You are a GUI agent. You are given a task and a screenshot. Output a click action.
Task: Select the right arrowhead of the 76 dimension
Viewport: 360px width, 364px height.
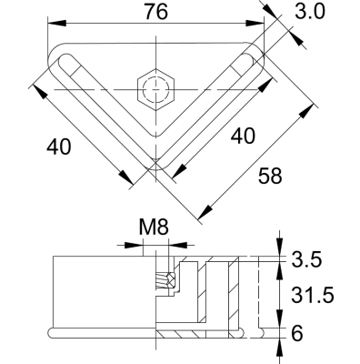pyautogui.click(x=263, y=25)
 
